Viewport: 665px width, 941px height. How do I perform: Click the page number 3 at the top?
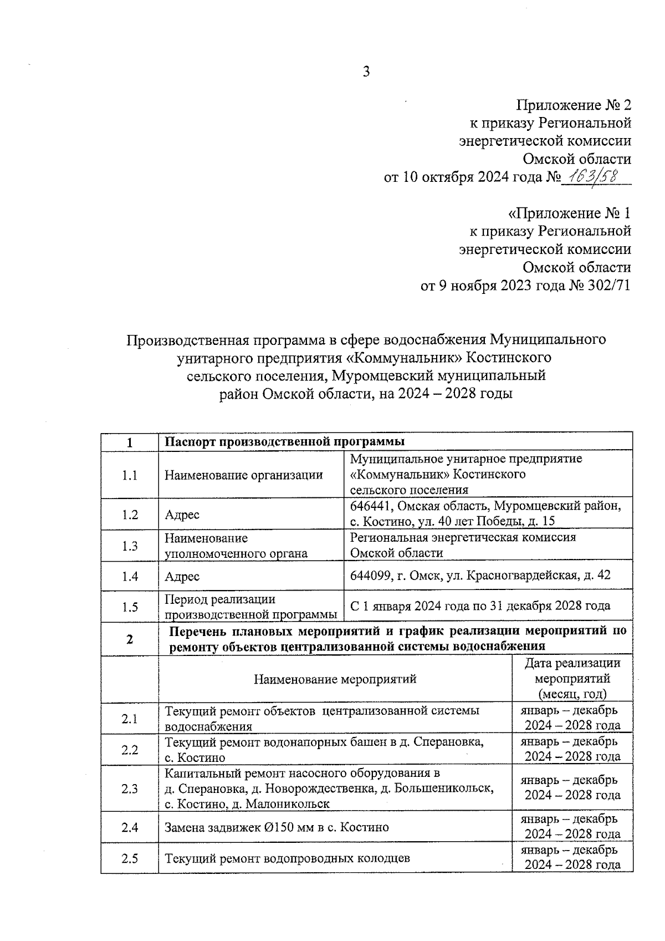coord(366,72)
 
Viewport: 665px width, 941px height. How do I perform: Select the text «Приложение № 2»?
coord(574,105)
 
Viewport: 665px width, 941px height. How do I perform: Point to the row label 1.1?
coord(130,475)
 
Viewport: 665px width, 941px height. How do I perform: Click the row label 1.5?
coord(130,607)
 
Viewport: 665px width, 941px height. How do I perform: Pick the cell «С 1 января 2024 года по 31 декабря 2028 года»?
coord(480,606)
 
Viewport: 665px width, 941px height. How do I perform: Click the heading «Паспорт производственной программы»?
coord(285,442)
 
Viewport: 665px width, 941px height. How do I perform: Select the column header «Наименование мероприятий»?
coord(335,679)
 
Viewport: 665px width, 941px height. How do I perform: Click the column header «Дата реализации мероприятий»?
coord(572,678)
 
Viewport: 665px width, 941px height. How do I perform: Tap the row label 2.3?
coord(130,789)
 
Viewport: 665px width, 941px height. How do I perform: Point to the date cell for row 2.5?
coord(572,857)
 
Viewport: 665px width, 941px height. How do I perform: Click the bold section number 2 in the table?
coord(130,639)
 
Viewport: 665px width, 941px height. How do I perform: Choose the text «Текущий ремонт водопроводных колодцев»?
coord(288,858)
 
